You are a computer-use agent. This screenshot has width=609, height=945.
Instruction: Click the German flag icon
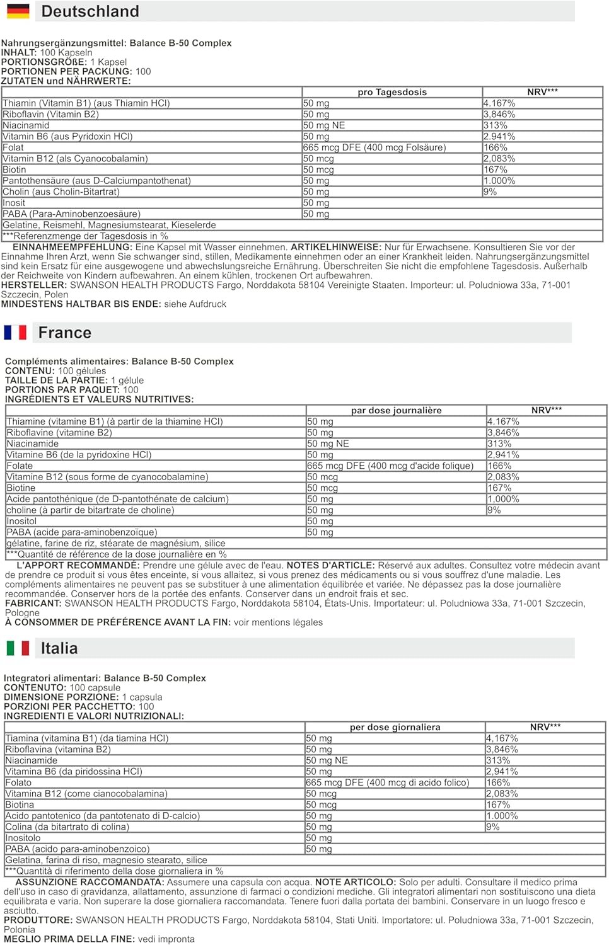18,11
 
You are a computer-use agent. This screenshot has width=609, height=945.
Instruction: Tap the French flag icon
15,332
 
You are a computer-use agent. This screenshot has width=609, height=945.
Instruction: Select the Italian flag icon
18,648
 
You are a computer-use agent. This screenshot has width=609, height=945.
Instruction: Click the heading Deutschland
90,11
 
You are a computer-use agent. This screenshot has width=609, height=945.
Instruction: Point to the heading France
65,333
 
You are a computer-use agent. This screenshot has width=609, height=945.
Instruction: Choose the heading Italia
59,648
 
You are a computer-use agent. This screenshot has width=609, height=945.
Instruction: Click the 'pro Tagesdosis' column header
392,92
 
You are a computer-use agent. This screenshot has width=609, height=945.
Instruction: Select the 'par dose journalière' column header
397,410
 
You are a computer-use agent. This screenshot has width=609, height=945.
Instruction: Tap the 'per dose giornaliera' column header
395,727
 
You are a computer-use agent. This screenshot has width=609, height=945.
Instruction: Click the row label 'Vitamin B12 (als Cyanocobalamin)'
75,159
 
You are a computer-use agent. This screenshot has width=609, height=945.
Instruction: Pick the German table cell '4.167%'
499,103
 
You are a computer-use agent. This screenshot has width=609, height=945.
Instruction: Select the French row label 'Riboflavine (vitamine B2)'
59,433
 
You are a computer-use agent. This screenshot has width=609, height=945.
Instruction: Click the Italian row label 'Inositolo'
23,838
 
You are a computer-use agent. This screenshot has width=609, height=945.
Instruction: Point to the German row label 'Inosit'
14,203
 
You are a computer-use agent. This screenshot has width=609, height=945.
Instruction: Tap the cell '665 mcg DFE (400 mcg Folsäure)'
374,147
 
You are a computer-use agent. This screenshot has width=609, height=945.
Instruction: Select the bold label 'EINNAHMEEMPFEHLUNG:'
72,247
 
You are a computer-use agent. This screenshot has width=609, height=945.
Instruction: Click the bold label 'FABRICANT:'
33,603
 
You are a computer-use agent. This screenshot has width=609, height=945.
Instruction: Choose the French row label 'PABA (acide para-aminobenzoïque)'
82,532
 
